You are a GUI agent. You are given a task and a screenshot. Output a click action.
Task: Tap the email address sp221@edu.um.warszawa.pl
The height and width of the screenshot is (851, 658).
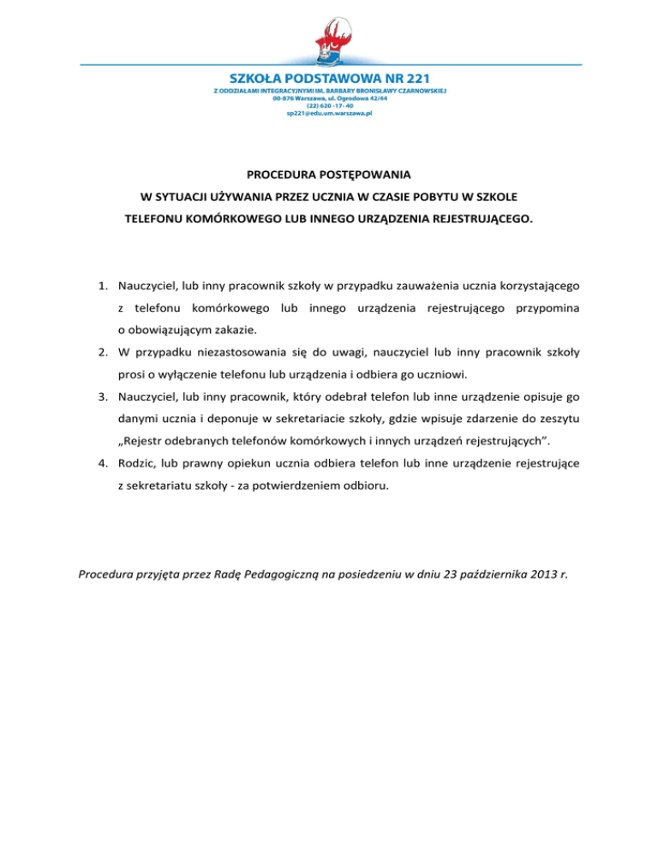(x=329, y=114)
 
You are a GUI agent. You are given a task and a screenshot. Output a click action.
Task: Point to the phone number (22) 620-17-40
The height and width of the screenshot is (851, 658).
(x=329, y=106)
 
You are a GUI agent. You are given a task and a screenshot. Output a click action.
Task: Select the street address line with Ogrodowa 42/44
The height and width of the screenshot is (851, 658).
(x=329, y=98)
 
